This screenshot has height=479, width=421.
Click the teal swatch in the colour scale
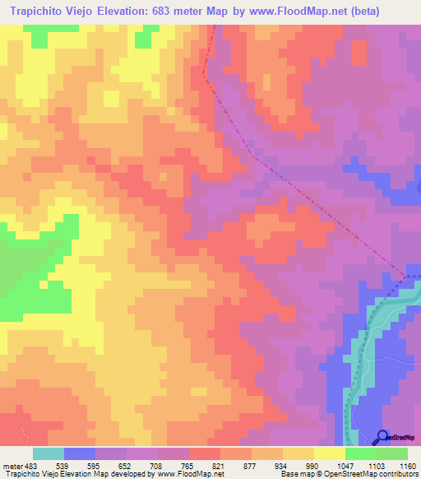pyautogui.click(x=49, y=453)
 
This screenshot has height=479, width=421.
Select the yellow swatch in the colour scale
pyautogui.click(x=330, y=453)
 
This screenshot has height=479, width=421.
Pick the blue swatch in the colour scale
pyautogui.click(x=80, y=453)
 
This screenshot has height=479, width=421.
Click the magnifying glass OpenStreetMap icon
pyautogui.click(x=381, y=437)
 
